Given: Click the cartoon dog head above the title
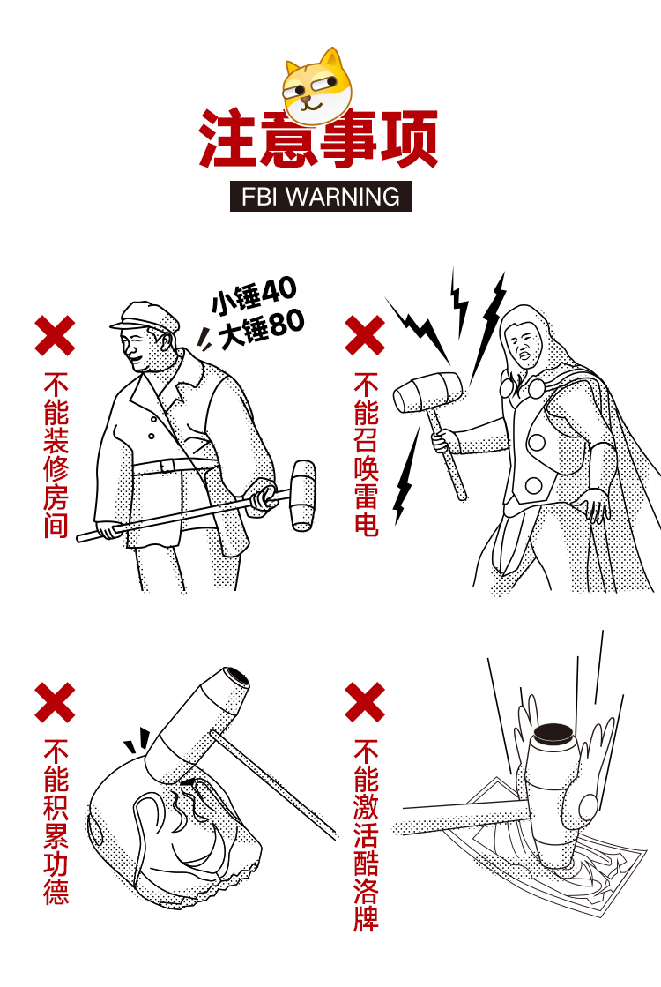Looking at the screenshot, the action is [x=317, y=86].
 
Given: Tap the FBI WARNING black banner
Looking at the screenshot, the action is [x=321, y=197].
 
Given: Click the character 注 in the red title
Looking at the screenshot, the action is [x=227, y=138].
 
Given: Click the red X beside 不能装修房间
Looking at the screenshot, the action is [x=55, y=336].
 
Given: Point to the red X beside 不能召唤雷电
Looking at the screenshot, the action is [x=365, y=336].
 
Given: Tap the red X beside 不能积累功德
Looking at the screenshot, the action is [x=55, y=702].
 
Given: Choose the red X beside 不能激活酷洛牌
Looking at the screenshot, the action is [x=365, y=702].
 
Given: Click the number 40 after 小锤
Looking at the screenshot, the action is [x=279, y=290].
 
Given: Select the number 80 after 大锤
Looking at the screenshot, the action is [x=286, y=323].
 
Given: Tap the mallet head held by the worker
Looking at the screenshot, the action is [x=302, y=496].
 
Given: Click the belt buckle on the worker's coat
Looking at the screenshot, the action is [x=167, y=466].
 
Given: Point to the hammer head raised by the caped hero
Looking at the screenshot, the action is [x=428, y=393].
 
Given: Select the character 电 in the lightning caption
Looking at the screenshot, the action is [x=366, y=523].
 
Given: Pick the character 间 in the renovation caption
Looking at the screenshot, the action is [x=56, y=524].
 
